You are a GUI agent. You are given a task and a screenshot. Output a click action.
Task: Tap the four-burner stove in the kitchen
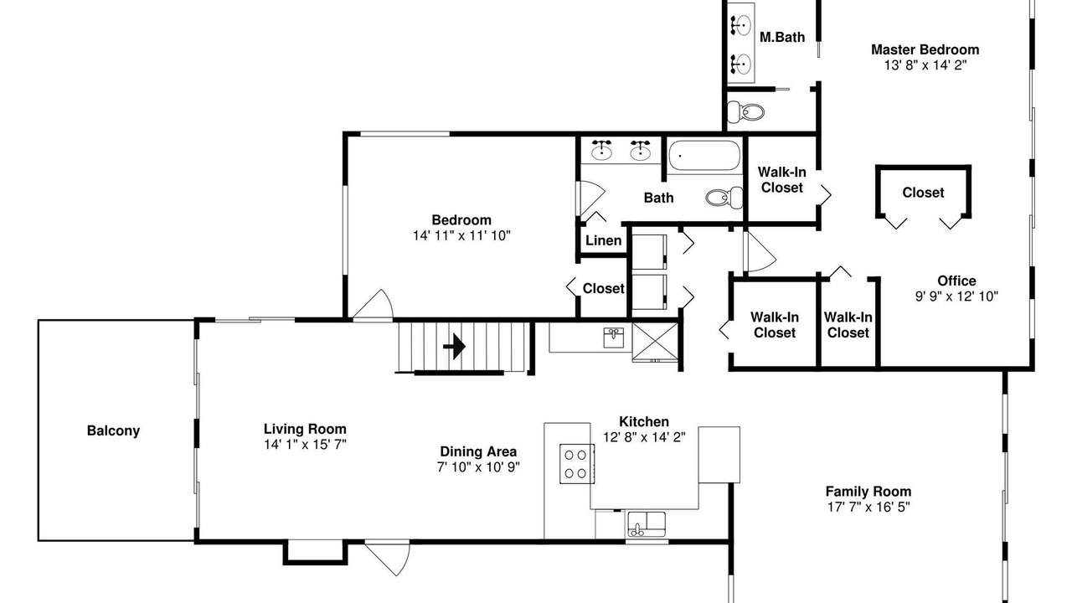point(577,463)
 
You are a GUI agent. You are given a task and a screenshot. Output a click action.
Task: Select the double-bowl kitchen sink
point(647,524)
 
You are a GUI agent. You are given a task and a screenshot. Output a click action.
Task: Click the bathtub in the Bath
point(704,155)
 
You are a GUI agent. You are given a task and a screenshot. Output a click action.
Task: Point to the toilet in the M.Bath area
point(745,112)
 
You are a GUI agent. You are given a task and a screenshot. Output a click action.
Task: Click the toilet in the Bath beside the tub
point(724,197)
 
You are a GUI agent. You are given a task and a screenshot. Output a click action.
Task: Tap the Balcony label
point(113,430)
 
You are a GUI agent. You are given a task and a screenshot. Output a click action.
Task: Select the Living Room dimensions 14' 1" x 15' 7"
point(306,445)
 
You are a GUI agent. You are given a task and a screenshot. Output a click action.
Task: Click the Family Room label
point(868,492)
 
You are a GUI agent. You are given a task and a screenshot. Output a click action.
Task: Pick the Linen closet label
point(604,240)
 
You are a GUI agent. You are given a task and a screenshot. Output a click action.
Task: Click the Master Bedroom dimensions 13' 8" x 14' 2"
point(925,65)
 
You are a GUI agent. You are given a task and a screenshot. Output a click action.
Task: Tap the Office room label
point(956,281)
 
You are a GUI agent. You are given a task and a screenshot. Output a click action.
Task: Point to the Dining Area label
point(478,451)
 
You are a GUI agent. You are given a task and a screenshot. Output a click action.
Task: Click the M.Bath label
point(782,38)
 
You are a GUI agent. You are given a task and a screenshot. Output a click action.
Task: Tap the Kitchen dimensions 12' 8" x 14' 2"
point(644,437)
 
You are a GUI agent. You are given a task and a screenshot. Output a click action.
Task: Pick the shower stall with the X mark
point(656,342)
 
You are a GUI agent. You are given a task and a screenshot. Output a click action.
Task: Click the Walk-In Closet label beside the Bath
point(782,179)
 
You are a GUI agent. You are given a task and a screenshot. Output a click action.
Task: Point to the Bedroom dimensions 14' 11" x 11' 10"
point(461,235)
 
